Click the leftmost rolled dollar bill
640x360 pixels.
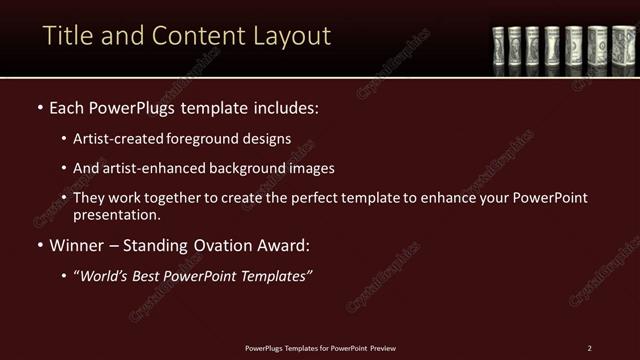[498, 47]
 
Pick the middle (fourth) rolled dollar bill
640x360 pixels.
[552, 47]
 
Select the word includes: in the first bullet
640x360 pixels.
[284, 106]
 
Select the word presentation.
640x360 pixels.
[117, 214]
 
